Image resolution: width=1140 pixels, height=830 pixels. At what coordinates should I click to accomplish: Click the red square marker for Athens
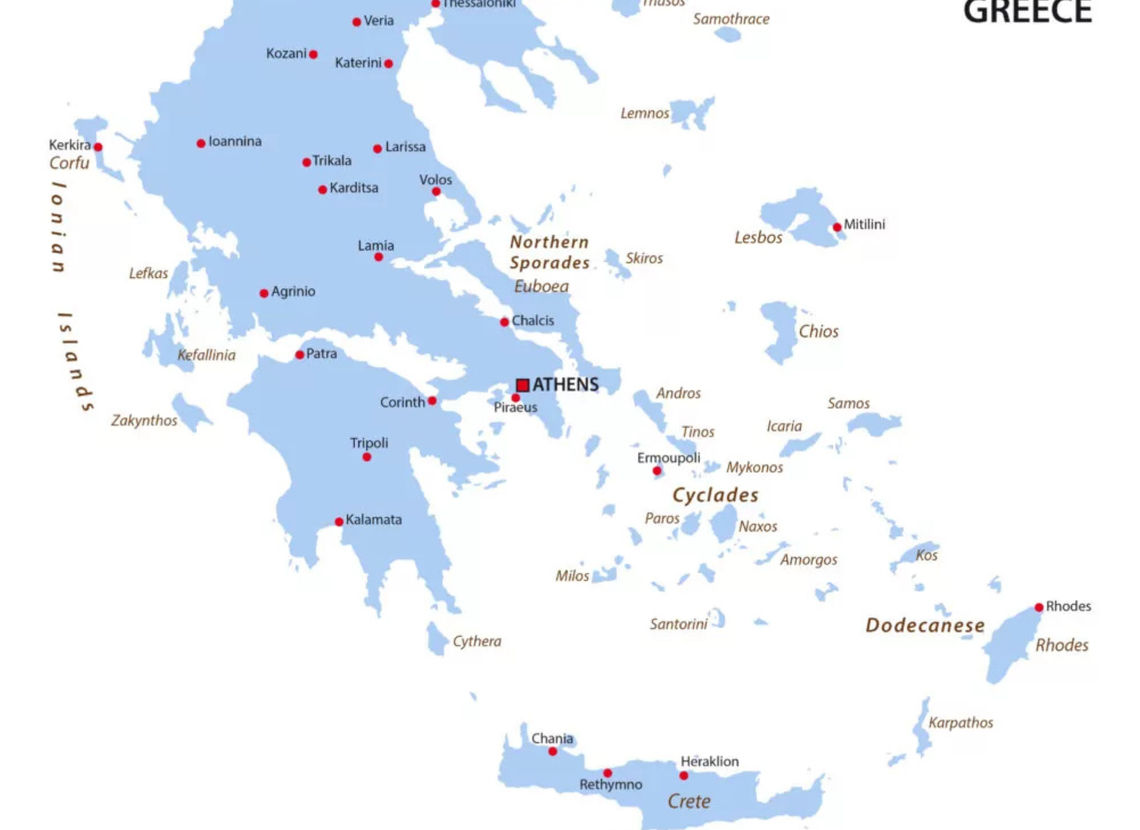[x=522, y=385]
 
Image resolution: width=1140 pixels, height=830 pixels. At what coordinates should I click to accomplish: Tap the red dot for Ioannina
[x=201, y=143]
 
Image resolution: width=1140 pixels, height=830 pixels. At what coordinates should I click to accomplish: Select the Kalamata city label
[x=373, y=520]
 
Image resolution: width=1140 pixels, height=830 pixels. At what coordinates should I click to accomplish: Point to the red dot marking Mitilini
[x=837, y=227]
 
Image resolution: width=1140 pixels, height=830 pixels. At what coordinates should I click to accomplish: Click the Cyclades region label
[x=715, y=495]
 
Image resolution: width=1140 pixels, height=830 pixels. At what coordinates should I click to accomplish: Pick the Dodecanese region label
[x=925, y=626]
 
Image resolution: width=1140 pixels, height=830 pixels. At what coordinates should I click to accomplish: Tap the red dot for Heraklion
[x=683, y=776]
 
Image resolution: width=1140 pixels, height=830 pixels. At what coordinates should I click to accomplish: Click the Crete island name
[x=689, y=801]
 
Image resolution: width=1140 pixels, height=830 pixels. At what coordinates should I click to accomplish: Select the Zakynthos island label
[x=144, y=420]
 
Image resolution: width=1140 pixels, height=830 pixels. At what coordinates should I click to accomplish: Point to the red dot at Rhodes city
[x=1039, y=608]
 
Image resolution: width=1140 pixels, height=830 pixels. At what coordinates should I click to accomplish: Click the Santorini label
[x=678, y=624]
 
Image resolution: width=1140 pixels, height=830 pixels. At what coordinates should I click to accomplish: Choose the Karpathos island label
[x=960, y=723]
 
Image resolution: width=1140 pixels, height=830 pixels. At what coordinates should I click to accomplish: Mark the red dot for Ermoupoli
[x=657, y=471]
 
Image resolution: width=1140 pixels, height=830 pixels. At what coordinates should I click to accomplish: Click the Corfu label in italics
[x=69, y=163]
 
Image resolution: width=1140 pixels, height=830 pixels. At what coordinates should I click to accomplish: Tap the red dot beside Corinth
[x=432, y=401]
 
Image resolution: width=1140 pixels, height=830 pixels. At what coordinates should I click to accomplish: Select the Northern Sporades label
[x=549, y=252]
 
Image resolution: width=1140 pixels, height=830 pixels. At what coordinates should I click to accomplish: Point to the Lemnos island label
[x=645, y=114]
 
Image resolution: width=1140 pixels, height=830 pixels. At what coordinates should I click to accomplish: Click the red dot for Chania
[x=552, y=752]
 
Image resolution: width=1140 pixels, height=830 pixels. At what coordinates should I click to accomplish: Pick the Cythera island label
[x=477, y=641]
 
